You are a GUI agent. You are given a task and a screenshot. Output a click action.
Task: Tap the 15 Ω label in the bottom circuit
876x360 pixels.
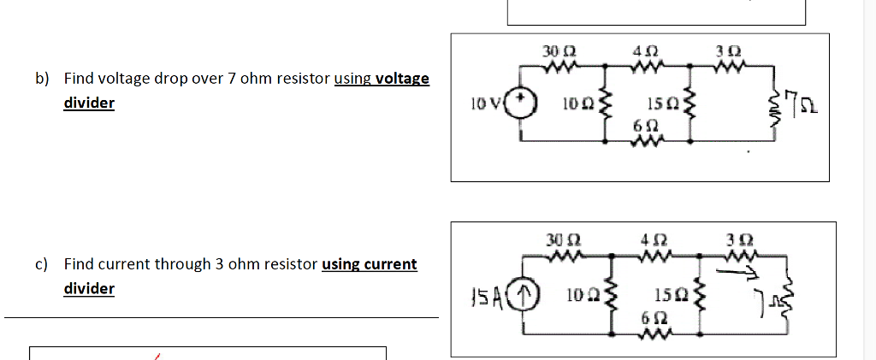pos(667,297)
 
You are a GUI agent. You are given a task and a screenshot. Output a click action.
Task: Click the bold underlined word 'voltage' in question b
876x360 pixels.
pos(402,79)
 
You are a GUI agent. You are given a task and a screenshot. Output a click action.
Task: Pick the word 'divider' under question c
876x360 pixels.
pos(89,288)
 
